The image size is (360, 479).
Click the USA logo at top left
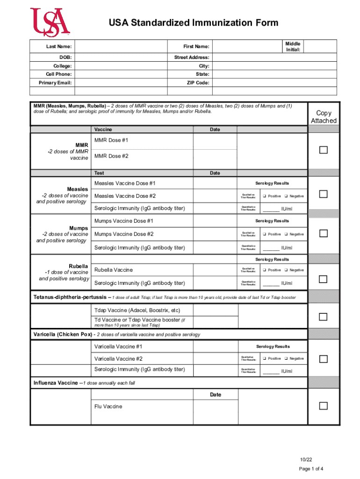pyautogui.click(x=50, y=22)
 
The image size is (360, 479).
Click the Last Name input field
pyautogui.click(x=121, y=47)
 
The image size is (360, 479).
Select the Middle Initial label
pyautogui.click(x=293, y=46)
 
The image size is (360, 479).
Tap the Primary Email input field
pyautogui.click(x=121, y=83)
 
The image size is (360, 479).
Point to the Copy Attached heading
pyautogui.click(x=324, y=117)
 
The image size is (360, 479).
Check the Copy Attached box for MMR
pyautogui.click(x=323, y=150)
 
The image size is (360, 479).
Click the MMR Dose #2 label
pyautogui.click(x=111, y=156)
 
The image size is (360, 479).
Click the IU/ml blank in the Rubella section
pyautogui.click(x=271, y=283)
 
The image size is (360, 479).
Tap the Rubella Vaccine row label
pyautogui.click(x=114, y=270)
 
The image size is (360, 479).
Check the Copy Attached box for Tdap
pyautogui.click(x=323, y=317)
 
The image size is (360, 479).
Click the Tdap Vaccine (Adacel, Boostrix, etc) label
pyautogui.click(x=137, y=310)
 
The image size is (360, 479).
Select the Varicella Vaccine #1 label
pyautogui.click(x=118, y=347)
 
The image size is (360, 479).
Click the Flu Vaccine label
pyautogui.click(x=108, y=406)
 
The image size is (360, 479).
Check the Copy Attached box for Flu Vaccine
pyautogui.click(x=323, y=406)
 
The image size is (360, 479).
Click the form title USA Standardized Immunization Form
pyautogui.click(x=193, y=23)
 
